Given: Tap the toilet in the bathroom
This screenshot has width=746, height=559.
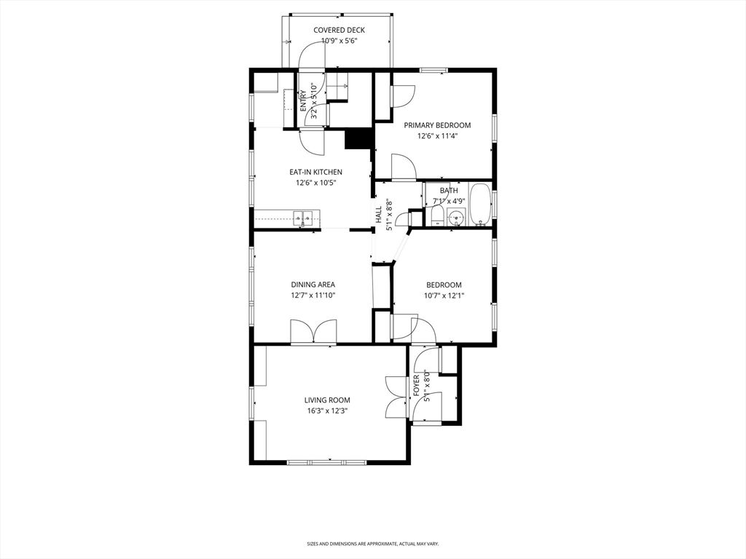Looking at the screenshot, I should tap(437, 216).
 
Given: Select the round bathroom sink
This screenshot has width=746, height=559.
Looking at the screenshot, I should tap(458, 218).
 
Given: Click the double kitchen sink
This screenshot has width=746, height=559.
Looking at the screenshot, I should tap(304, 216).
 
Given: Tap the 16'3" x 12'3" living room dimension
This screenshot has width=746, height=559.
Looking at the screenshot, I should tap(327, 411).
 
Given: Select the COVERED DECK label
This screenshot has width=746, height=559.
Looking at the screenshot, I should tap(339, 30).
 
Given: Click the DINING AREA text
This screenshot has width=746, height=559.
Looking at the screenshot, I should tap(313, 285).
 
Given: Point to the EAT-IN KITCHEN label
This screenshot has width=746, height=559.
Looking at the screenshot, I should tap(315, 173).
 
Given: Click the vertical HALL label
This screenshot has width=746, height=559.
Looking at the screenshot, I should tap(379, 215).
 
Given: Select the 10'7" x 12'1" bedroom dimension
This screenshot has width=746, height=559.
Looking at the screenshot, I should tap(444, 296).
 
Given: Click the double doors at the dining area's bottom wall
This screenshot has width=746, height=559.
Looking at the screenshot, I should tap(313, 331).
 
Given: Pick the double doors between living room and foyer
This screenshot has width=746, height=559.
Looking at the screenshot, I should tap(396, 397).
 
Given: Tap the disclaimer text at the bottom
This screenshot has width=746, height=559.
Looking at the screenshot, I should tap(372, 544).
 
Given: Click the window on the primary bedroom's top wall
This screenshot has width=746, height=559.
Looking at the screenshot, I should tap(433, 70).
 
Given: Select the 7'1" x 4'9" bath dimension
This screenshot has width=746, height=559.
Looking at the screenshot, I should tap(449, 201).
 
